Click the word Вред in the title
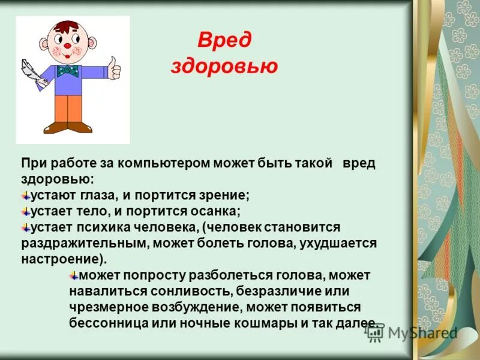pyautogui.click(x=224, y=41)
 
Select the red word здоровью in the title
pyautogui.click(x=224, y=66)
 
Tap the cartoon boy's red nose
pyautogui.click(x=68, y=46)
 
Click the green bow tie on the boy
pyautogui.click(x=68, y=71)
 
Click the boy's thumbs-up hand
pyautogui.click(x=114, y=67)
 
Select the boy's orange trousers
pyautogui.click(x=67, y=108)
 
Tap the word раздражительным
pyautogui.click(x=85, y=243)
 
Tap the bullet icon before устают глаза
pyautogui.click(x=26, y=195)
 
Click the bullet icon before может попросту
pyautogui.click(x=74, y=275)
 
